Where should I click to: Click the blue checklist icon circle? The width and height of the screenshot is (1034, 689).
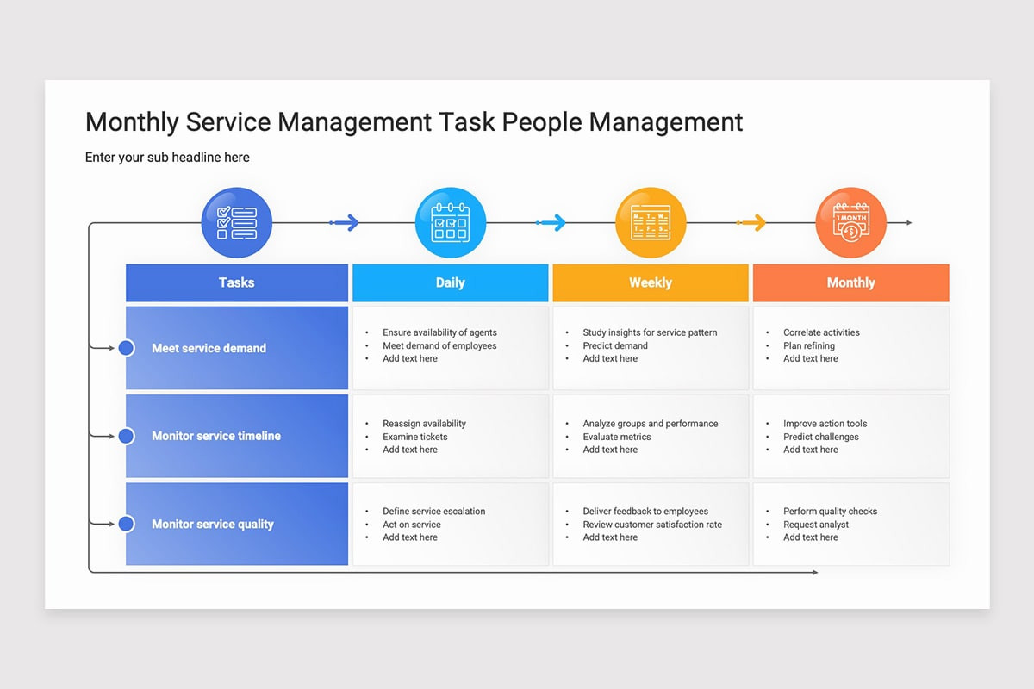click(236, 222)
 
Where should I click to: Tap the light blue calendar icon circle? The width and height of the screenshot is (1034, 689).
click(451, 222)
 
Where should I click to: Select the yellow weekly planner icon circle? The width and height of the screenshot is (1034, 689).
click(651, 222)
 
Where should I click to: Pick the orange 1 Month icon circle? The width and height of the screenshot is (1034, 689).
click(851, 222)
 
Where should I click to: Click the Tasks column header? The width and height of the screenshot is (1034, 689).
click(237, 282)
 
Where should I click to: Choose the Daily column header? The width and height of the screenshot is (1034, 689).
click(451, 282)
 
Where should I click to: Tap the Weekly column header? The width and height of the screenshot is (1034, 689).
click(651, 282)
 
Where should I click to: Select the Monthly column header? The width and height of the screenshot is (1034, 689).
click(851, 282)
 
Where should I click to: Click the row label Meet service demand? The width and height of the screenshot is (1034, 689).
click(209, 348)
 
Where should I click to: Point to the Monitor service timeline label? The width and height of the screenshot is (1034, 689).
click(216, 436)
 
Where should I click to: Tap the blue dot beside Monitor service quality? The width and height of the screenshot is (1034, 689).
click(126, 524)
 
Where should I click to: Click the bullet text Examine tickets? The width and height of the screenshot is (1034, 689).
click(415, 437)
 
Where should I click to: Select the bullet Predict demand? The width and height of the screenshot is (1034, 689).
click(615, 345)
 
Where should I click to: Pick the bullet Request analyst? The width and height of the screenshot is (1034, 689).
click(816, 525)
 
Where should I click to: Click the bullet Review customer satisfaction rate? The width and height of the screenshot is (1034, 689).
click(652, 525)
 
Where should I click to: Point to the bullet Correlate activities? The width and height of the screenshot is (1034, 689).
click(821, 332)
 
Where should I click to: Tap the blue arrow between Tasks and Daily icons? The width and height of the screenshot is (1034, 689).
click(345, 222)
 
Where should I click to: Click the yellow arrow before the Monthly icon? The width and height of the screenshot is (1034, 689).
click(751, 222)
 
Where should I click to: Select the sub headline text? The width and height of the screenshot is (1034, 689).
click(167, 158)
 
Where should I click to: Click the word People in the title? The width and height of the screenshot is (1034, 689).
click(542, 122)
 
